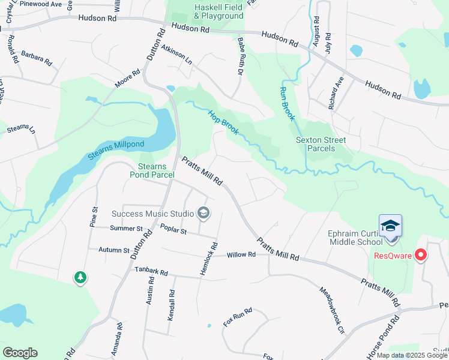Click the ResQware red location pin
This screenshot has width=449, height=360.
point(421,255)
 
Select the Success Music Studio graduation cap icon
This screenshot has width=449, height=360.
point(203,213)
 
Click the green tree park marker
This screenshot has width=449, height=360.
point(80,277)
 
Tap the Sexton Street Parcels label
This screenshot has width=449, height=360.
point(321,144)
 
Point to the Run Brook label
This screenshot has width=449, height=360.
point(287,103)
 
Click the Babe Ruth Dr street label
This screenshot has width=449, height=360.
point(241,56)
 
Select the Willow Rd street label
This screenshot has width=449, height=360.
point(241,255)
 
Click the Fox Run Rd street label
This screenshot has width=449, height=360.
point(237,317)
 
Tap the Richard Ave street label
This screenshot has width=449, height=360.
point(336,92)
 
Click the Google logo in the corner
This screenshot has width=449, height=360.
point(20,353)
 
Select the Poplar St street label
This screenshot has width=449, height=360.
point(174,229)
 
